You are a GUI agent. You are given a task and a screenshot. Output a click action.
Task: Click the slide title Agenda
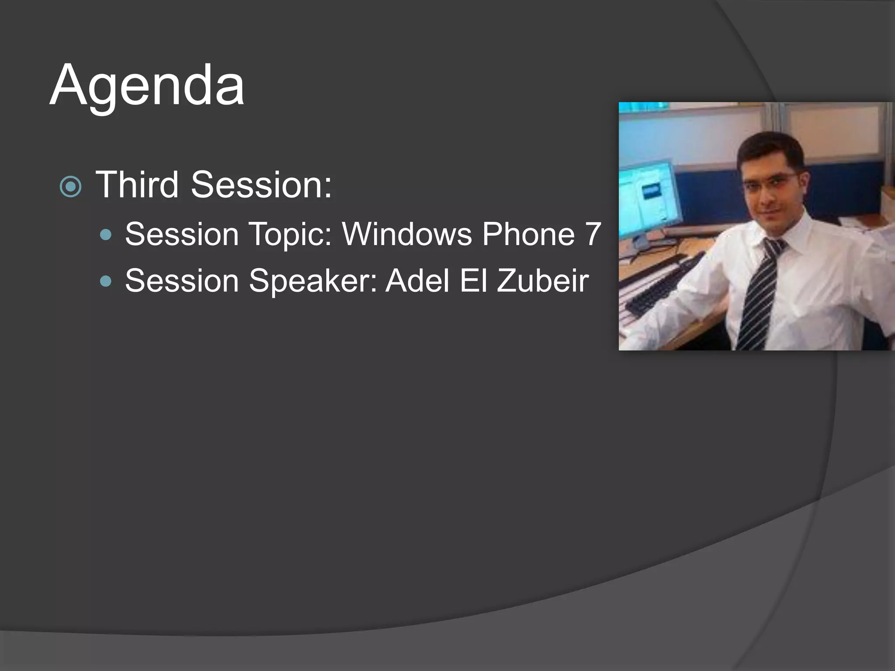[147, 85]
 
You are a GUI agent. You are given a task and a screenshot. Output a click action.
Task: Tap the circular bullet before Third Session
[70, 187]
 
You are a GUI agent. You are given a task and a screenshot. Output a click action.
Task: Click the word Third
[137, 185]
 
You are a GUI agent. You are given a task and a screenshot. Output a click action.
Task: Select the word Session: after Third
[261, 185]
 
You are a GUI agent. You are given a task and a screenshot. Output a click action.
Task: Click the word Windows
[407, 234]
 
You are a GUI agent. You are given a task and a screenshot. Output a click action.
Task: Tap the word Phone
[528, 234]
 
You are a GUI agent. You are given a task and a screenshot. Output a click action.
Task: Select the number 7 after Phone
[593, 234]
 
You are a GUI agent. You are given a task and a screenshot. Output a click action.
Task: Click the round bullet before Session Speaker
[105, 281]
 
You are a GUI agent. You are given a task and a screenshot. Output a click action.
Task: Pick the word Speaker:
[313, 281]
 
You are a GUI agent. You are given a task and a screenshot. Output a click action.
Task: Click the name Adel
[417, 281]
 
